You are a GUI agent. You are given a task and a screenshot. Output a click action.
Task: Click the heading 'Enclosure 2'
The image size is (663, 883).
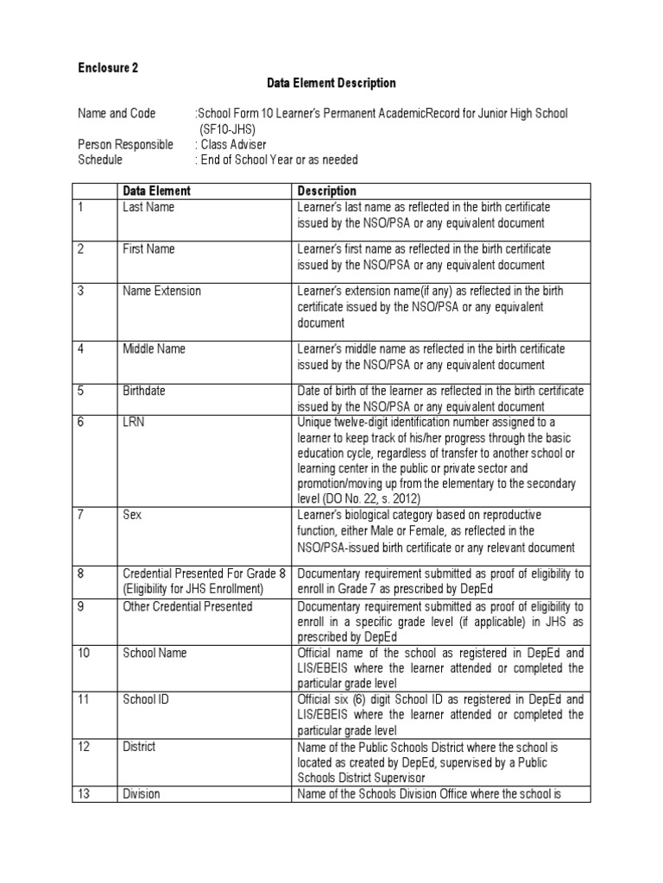(x=108, y=66)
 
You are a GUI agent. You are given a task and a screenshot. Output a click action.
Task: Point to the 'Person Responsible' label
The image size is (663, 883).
(x=125, y=145)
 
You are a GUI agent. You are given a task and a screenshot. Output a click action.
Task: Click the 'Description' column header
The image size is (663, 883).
(x=326, y=191)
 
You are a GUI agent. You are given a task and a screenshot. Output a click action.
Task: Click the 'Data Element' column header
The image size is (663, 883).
(x=156, y=191)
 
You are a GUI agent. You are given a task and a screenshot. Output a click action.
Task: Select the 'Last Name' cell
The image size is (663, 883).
(x=148, y=207)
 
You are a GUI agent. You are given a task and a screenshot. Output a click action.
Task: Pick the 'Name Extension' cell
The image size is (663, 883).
(x=161, y=291)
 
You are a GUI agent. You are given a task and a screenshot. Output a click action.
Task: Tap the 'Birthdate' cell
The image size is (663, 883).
(x=144, y=391)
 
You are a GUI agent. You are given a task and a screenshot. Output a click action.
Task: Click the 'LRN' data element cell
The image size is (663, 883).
(x=134, y=422)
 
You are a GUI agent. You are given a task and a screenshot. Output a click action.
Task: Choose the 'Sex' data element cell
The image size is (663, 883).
(x=133, y=515)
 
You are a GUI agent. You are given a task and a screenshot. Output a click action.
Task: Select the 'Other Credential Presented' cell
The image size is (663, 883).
(x=187, y=606)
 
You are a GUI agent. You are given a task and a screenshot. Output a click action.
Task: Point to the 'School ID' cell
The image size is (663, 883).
(x=146, y=699)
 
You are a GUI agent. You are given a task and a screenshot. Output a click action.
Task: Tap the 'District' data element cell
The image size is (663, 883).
(x=139, y=746)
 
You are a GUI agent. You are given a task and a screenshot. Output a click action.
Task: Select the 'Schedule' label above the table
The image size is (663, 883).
(x=100, y=160)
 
